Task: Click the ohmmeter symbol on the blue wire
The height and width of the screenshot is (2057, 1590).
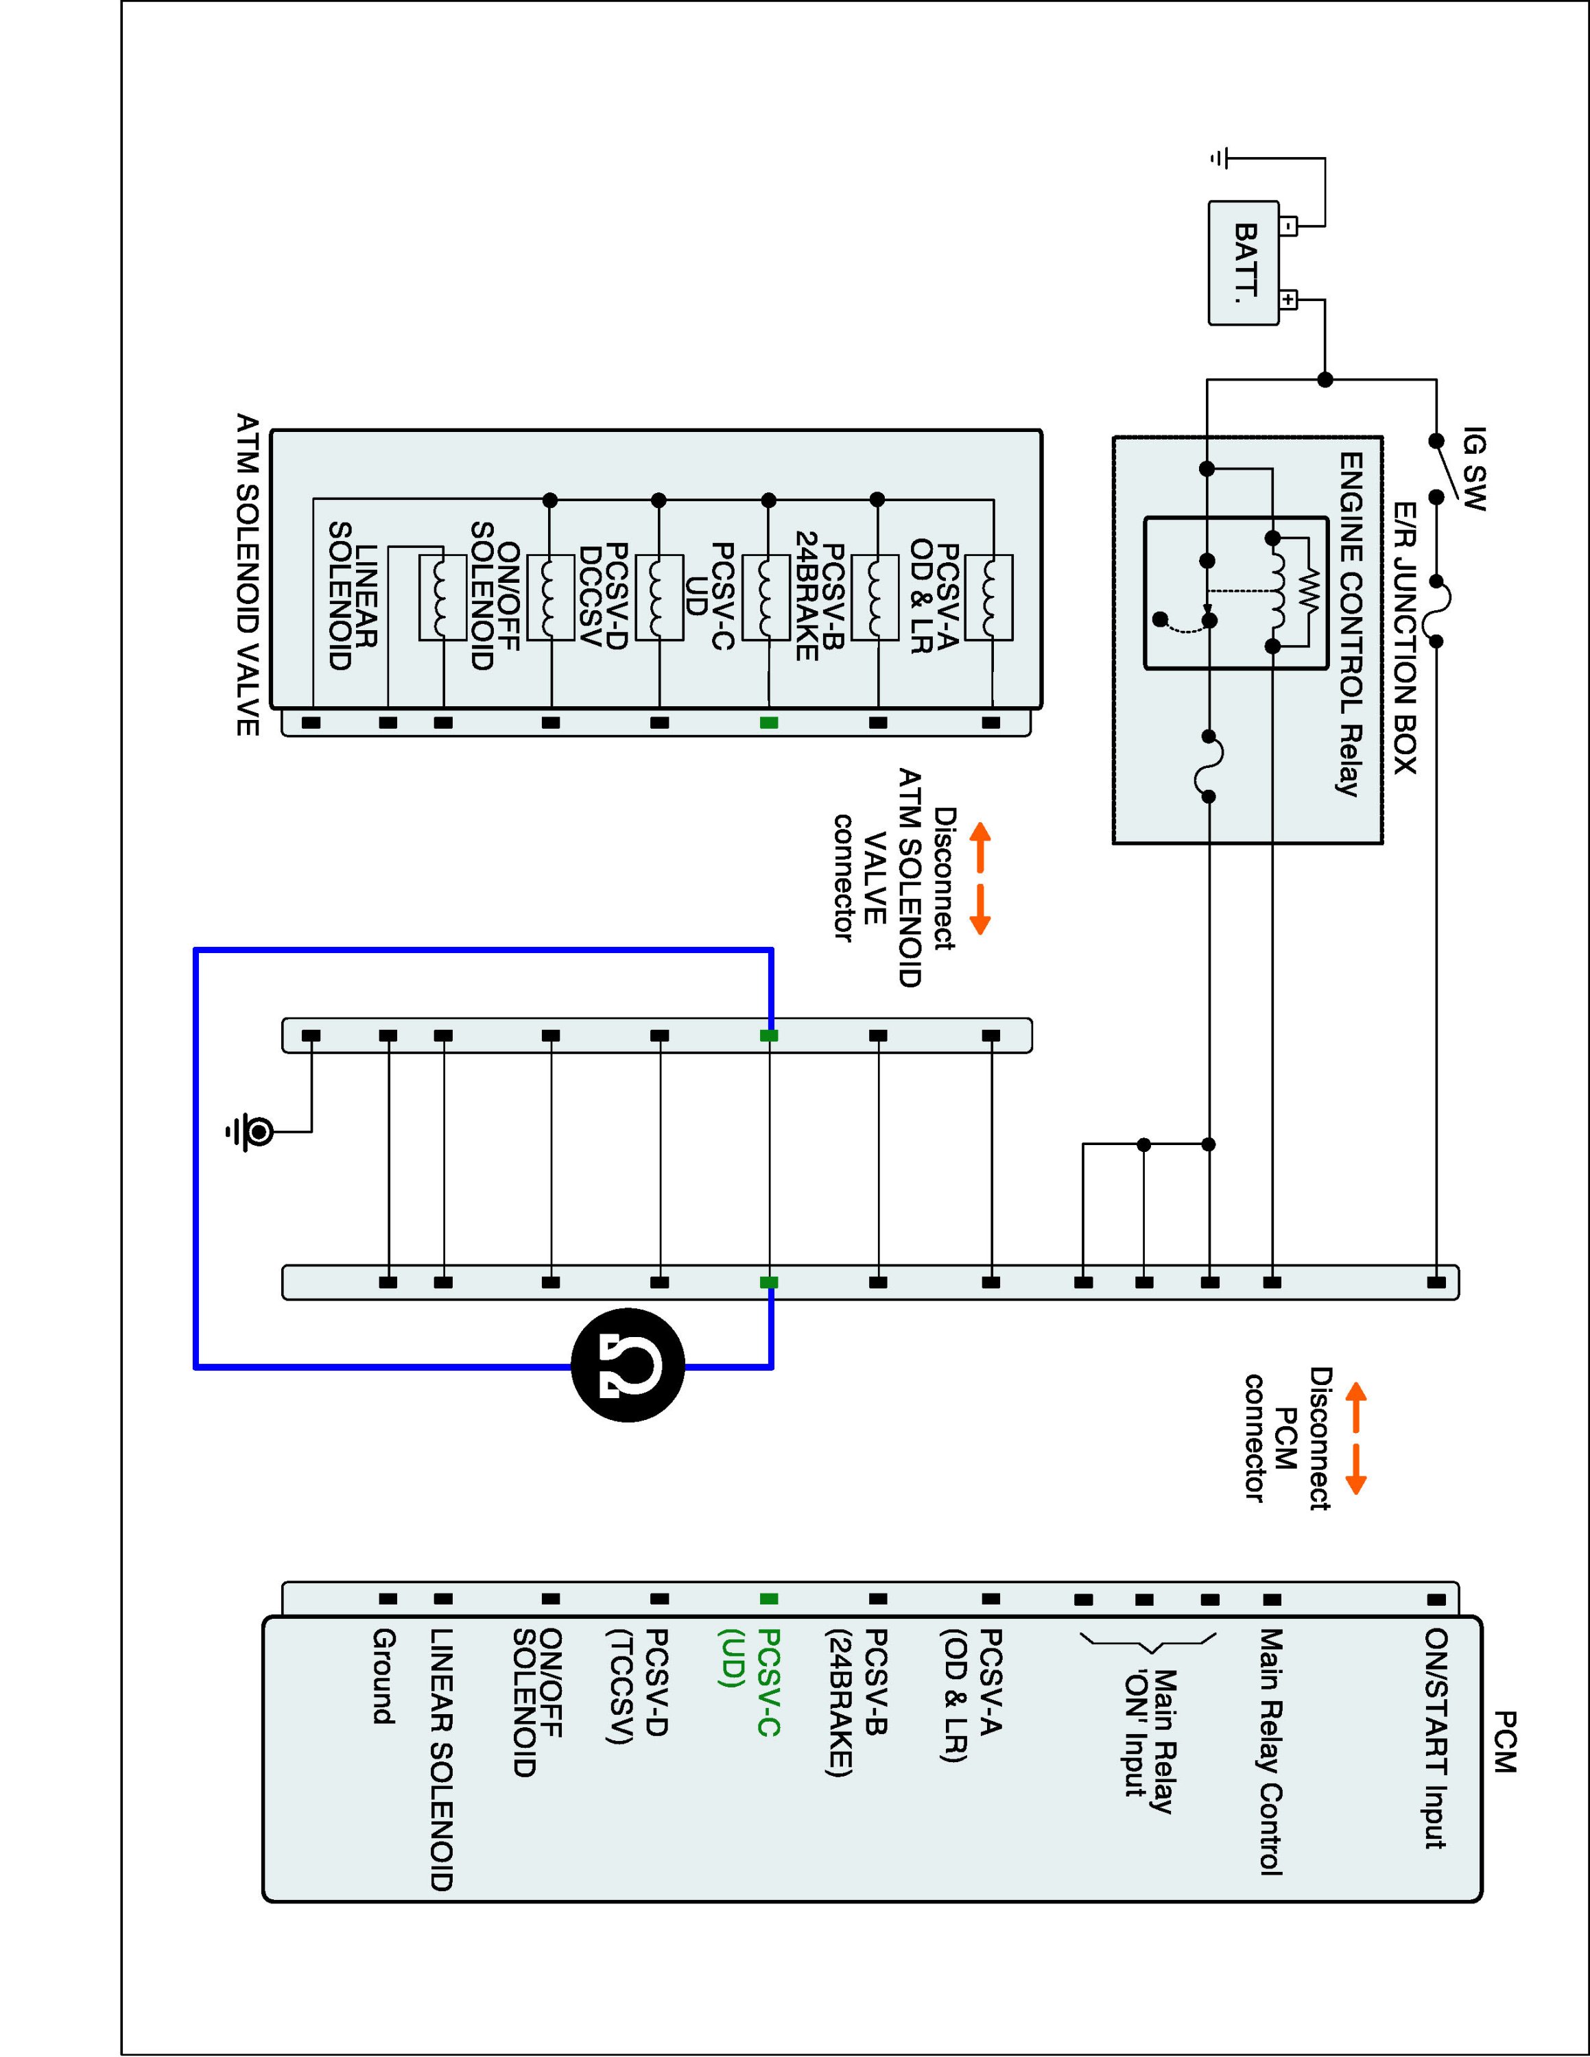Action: coord(628,1366)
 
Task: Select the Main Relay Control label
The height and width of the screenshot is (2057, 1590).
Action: coord(1272,1752)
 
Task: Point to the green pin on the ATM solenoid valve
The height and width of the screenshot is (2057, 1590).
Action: coord(769,723)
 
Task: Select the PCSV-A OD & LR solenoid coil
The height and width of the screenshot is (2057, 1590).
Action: coord(989,597)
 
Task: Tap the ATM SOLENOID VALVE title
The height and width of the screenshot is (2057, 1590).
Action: coord(248,575)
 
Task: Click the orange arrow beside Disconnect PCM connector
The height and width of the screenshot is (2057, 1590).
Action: coord(1355,1439)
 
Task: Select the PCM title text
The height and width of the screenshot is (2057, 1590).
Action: coord(1505,1742)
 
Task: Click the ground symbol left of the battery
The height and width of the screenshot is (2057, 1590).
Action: coord(1220,158)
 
